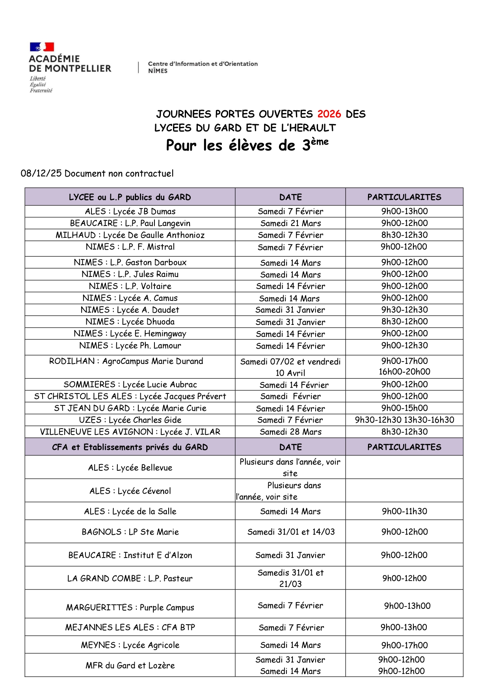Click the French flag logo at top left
[42, 47]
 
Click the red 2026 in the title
[329, 114]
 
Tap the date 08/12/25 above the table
[41, 173]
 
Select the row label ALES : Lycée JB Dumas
[130, 211]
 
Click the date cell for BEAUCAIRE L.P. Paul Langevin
[290, 223]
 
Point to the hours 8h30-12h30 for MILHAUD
[404, 235]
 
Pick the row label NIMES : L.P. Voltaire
[130, 286]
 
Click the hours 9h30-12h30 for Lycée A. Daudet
[404, 310]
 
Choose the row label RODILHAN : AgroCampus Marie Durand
[126, 361]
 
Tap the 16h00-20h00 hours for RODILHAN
[404, 372]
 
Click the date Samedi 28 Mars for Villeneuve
[290, 432]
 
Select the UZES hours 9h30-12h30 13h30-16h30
[404, 420]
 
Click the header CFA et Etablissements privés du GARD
[130, 447]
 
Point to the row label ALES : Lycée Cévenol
[130, 491]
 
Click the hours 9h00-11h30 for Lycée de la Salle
[404, 511]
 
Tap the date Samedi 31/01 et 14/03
[291, 532]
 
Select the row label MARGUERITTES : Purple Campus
[130, 608]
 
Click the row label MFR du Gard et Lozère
[130, 666]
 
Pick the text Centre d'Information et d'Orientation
[203, 64]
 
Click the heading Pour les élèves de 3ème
[247, 145]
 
